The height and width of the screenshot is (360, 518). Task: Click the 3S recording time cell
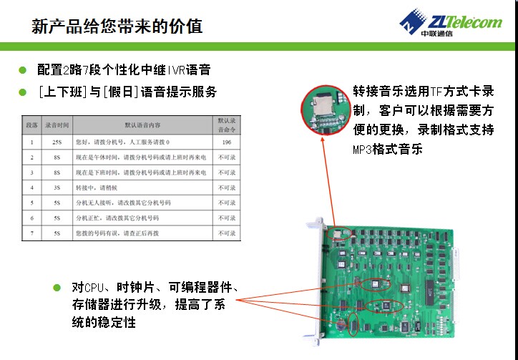coord(57,187)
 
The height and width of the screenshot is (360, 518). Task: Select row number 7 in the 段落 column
coord(31,233)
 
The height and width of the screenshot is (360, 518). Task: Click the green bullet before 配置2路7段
coord(23,70)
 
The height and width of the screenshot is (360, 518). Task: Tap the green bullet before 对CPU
coord(57,288)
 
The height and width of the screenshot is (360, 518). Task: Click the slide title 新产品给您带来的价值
coord(117,26)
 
